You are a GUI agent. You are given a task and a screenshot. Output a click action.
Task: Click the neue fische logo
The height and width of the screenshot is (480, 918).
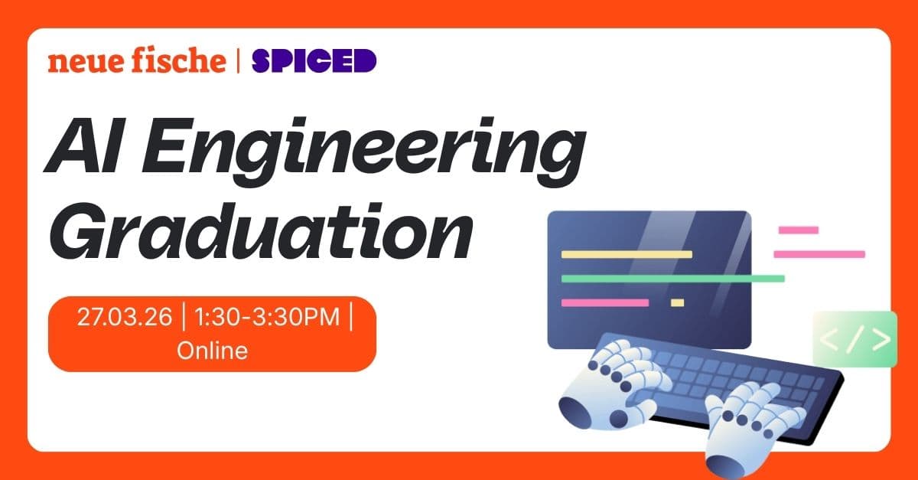(x=137, y=60)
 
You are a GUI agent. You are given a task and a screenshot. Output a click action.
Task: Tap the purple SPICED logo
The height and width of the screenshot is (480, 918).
(x=314, y=60)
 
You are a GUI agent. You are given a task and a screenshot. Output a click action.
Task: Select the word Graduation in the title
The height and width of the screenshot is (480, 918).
(x=260, y=231)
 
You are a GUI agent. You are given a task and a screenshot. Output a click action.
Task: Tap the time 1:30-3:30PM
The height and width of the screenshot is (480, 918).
(x=265, y=317)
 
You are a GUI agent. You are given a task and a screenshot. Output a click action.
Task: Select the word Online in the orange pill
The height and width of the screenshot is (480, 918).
(x=212, y=351)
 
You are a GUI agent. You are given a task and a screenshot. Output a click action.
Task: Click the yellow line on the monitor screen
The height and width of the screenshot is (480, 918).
(x=627, y=254)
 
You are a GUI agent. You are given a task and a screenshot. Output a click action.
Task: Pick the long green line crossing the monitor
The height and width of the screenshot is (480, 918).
(x=673, y=278)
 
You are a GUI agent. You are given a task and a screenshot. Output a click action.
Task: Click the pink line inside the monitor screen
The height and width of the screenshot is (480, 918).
(x=605, y=303)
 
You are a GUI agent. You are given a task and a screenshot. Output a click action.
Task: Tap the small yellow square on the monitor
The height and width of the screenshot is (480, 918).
(x=677, y=303)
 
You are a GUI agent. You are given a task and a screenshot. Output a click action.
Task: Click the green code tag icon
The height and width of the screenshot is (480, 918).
(x=855, y=339)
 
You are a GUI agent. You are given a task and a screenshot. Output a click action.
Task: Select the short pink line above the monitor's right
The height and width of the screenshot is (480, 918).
(x=798, y=230)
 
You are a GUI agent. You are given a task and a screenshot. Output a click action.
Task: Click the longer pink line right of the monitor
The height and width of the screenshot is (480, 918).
(x=819, y=254)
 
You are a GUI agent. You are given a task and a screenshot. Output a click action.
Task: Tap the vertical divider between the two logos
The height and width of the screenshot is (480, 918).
(x=239, y=60)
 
